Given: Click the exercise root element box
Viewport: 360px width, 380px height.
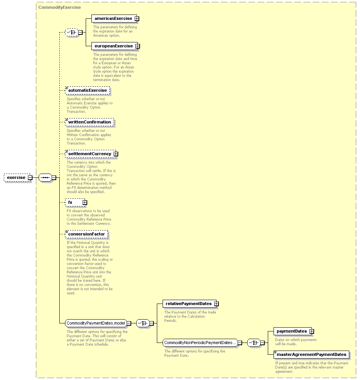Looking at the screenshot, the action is point(17,178).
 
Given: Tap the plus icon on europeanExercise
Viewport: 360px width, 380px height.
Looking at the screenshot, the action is point(138,46).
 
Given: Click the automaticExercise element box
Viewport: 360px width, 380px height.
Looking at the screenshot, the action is point(87,90).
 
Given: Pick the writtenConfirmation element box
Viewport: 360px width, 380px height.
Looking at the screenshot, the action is point(90,122).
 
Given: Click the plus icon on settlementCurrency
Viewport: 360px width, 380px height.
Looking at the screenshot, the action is point(116,154).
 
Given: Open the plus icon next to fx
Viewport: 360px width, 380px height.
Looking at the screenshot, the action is point(85,202).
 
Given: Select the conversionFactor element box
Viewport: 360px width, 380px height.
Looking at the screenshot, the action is point(86,234).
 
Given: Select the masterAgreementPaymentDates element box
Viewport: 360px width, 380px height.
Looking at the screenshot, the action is point(311,354).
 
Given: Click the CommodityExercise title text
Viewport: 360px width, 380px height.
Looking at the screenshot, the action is point(60,7).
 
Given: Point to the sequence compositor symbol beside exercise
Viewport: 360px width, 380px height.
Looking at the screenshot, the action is point(46,178).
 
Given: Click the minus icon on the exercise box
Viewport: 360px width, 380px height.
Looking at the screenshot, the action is point(30,178).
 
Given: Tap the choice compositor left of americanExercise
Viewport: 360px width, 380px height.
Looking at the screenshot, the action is point(72,32).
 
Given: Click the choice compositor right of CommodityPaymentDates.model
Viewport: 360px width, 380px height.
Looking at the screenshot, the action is point(143,323).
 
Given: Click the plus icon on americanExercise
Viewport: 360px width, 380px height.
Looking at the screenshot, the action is point(137,18).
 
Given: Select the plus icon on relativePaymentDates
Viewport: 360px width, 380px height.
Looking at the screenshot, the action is point(217,304).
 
